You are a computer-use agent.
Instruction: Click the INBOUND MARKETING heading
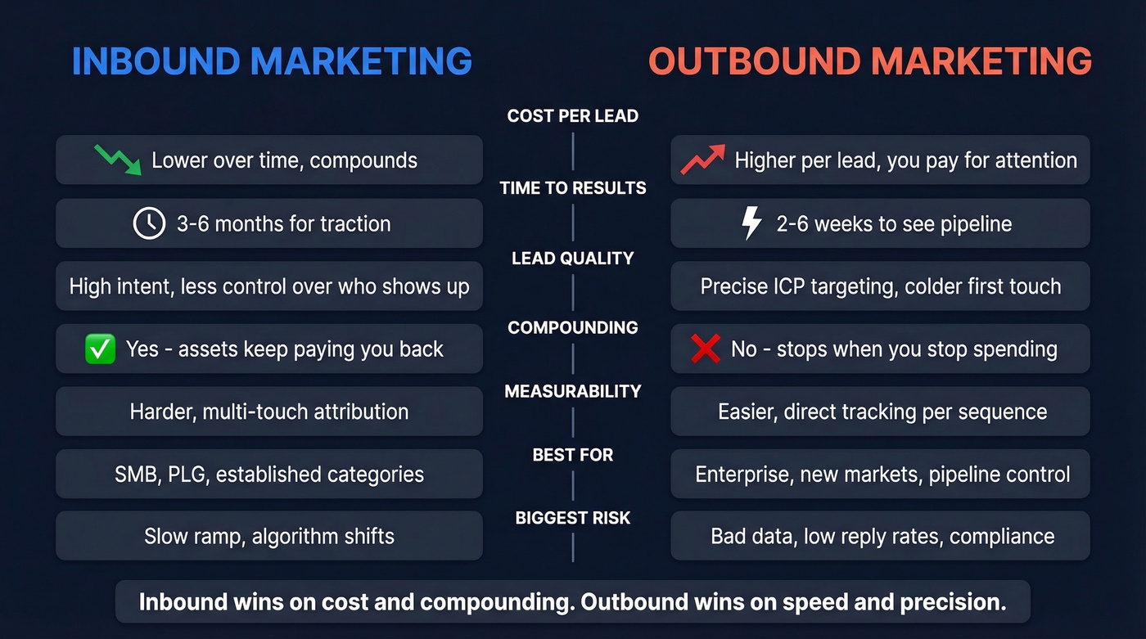click(272, 62)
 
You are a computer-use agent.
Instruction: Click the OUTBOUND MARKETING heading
click(869, 62)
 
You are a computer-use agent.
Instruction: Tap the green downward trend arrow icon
click(117, 160)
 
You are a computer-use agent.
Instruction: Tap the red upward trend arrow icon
click(702, 160)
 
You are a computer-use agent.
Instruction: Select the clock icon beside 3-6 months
click(149, 223)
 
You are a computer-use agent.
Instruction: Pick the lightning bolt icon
click(751, 223)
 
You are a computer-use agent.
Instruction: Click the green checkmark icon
click(100, 349)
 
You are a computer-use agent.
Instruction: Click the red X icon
click(705, 349)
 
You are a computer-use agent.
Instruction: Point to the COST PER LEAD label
click(572, 116)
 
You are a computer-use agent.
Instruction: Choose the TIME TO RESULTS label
click(572, 188)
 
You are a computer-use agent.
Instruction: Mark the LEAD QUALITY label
click(572, 259)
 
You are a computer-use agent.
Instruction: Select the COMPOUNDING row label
click(572, 328)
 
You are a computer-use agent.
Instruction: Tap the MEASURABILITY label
click(572, 392)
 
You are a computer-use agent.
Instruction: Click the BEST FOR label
click(572, 455)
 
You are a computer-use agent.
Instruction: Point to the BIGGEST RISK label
click(572, 518)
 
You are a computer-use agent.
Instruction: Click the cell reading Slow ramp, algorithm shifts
click(269, 537)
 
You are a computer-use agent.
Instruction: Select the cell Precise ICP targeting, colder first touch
click(880, 286)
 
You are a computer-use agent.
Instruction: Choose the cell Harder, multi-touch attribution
click(269, 412)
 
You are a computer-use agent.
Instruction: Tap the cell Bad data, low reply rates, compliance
click(880, 537)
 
